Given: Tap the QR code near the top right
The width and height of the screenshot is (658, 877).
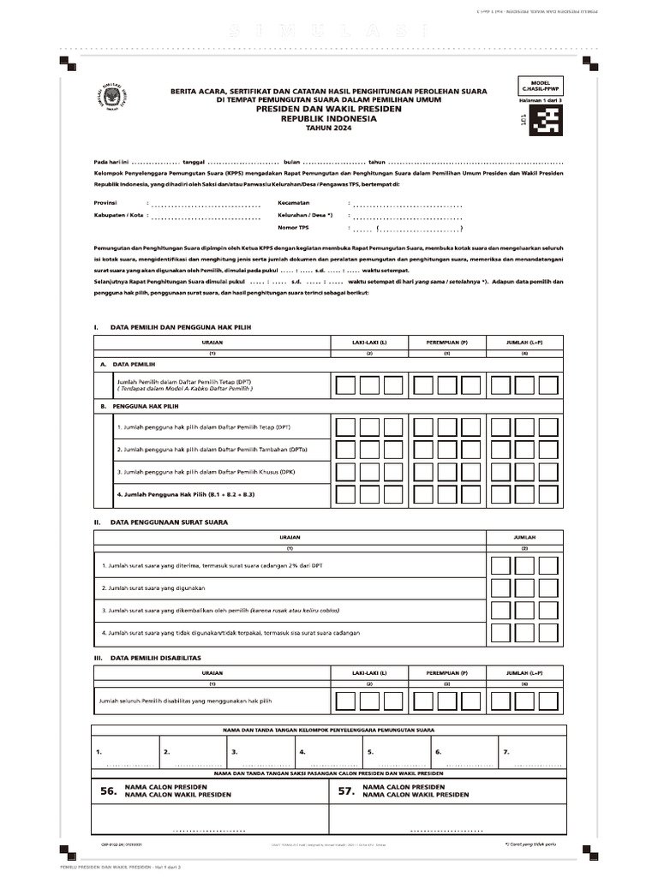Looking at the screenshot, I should pos(545,125).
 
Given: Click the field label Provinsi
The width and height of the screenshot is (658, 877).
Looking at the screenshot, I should pos(105,203).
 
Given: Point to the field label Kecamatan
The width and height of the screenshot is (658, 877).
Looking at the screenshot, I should pos(293,203).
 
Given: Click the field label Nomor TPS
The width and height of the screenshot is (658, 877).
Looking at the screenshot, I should pos(293,228).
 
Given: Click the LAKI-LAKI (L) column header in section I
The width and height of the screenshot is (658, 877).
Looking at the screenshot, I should pos(369,342).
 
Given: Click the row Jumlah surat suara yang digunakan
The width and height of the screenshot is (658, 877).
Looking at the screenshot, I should pos(153,588).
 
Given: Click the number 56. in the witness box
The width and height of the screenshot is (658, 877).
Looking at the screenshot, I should pos(108,792).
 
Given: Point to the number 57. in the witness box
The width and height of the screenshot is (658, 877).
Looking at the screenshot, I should pos(345,792).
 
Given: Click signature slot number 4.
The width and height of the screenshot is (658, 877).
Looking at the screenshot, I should pos(302,752).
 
